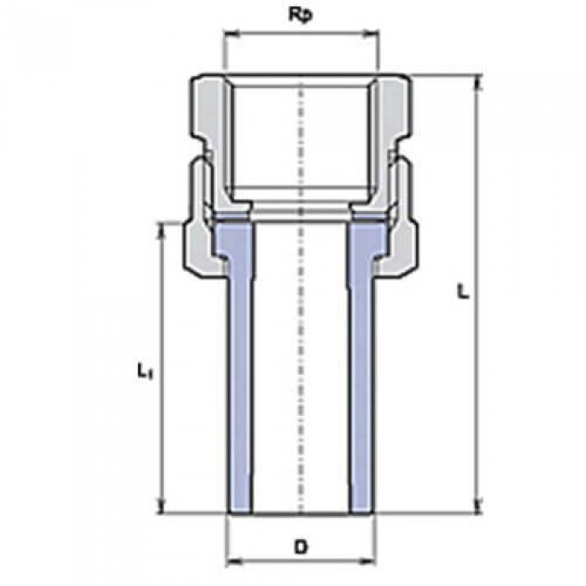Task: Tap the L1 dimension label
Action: (x=143, y=368)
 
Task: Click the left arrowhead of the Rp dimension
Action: (x=229, y=35)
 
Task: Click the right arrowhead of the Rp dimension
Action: (x=373, y=35)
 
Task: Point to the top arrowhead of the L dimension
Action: (x=479, y=82)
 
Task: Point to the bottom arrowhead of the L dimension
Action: (x=479, y=505)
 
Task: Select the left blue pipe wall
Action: (x=239, y=377)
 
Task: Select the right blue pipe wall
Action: (x=361, y=377)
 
